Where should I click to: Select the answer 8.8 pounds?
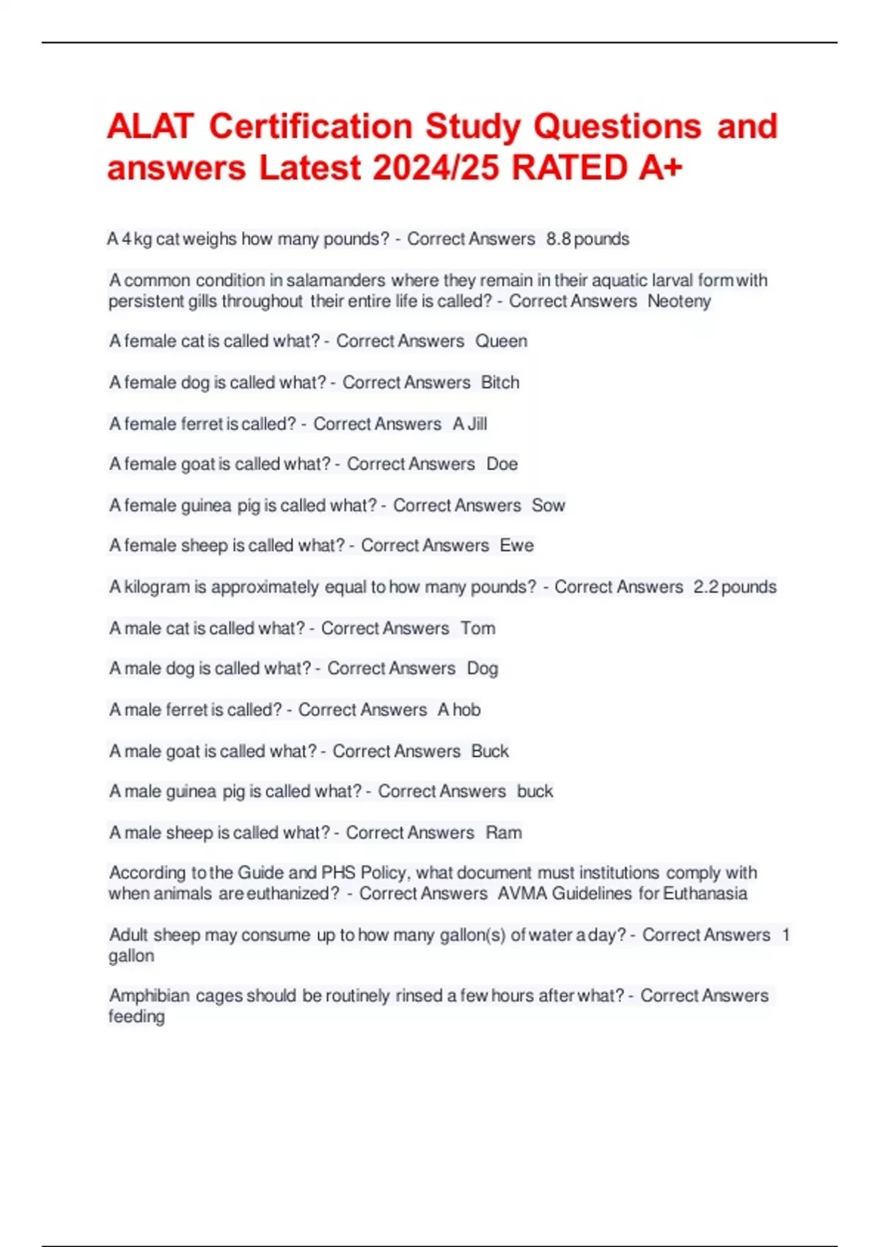click(587, 239)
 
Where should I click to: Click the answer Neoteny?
click(679, 301)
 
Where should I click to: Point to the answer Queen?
click(502, 341)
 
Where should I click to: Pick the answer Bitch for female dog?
click(500, 382)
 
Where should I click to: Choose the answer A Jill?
click(470, 424)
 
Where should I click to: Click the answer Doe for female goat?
click(502, 464)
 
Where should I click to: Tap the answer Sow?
click(549, 505)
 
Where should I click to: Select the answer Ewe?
click(517, 546)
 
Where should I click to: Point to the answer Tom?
click(478, 629)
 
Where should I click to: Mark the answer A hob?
click(459, 710)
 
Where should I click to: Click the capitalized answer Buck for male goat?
click(490, 751)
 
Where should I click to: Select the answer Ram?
click(504, 833)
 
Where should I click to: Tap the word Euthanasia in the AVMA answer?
click(705, 893)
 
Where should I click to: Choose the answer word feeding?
click(136, 1017)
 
